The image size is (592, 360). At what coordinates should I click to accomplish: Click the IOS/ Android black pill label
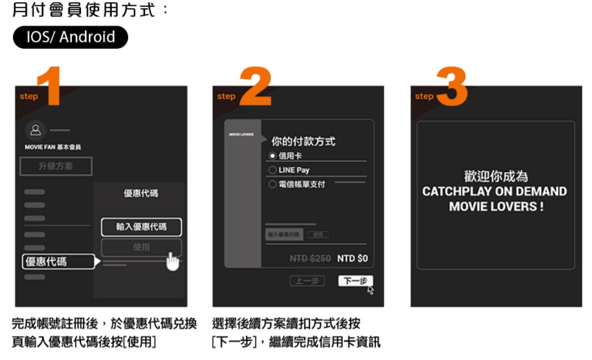click(x=70, y=37)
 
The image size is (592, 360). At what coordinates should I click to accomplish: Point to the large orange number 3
click(x=452, y=86)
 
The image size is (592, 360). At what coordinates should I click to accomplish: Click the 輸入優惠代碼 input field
click(x=142, y=227)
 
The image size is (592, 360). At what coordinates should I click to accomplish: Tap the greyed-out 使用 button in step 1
click(x=142, y=247)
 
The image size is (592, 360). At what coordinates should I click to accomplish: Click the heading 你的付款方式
click(x=303, y=141)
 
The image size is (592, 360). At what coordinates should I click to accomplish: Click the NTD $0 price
click(x=352, y=259)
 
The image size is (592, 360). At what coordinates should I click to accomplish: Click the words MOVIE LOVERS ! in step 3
click(x=496, y=206)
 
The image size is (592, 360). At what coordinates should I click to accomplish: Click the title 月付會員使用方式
click(x=84, y=11)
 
